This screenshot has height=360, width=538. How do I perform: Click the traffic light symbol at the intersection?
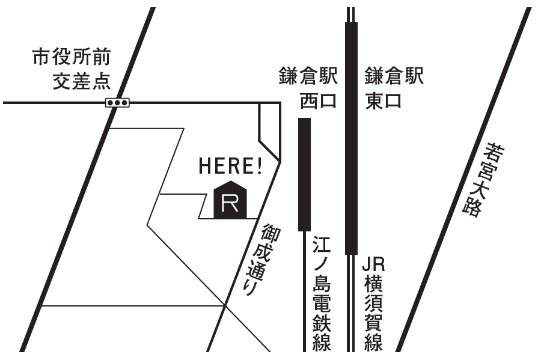pyautogui.click(x=117, y=103)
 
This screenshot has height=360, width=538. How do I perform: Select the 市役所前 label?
pyautogui.click(x=72, y=57)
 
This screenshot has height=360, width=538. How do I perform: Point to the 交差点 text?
pyautogui.click(x=82, y=82)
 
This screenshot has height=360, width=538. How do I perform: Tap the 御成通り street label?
pyautogui.click(x=263, y=260)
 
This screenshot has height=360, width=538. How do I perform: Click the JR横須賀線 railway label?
pyautogui.click(x=374, y=304)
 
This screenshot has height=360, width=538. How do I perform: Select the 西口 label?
pyautogui.click(x=318, y=101)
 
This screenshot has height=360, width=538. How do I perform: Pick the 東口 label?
pyautogui.click(x=383, y=101)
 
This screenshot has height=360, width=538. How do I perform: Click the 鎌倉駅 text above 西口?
pyautogui.click(x=308, y=76)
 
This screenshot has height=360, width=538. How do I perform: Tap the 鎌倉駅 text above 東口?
pyautogui.click(x=394, y=76)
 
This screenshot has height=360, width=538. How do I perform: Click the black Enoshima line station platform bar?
pyautogui.click(x=304, y=174)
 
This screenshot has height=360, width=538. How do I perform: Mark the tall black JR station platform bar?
pyautogui.click(x=351, y=138)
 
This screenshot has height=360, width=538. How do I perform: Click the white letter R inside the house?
pyautogui.click(x=230, y=204)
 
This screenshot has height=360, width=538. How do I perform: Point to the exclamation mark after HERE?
pyautogui.click(x=260, y=166)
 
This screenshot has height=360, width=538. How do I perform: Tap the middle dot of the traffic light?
pyautogui.click(x=117, y=103)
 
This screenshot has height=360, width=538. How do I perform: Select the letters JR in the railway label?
pyautogui.click(x=374, y=264)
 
